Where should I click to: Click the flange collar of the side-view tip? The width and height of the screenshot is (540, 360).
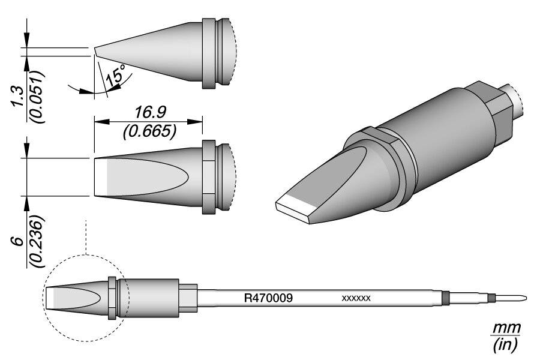click(208, 55)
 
